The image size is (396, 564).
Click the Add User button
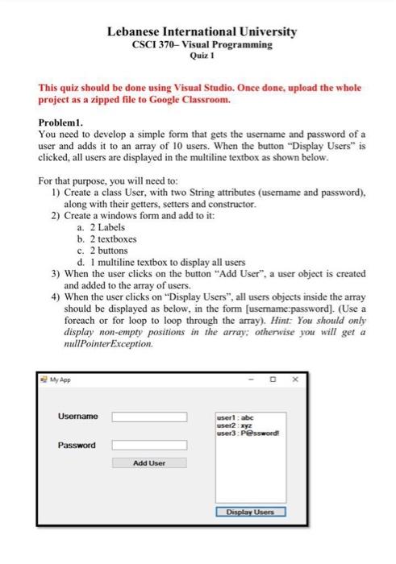[148, 463]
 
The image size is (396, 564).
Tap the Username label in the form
[78, 416]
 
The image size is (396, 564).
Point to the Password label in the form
[77, 445]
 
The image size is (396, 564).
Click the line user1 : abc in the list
[236, 418]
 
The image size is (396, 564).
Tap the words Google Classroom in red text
[190, 102]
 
